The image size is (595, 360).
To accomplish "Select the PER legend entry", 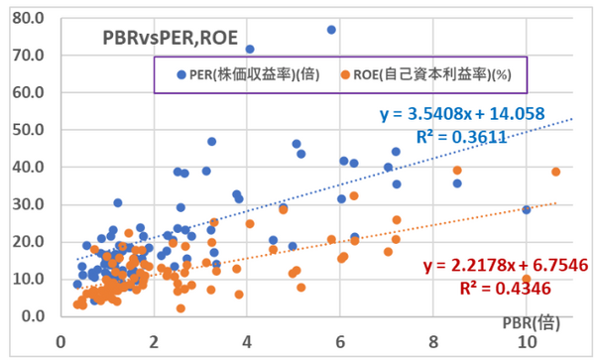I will pos(252,74).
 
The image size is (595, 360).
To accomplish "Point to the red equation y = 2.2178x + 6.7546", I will pos(494,268).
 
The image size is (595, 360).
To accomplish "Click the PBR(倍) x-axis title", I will pos(521,323).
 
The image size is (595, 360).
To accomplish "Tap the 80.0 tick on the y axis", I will pos(29,18).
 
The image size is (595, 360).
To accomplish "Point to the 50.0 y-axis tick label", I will pos(29,130).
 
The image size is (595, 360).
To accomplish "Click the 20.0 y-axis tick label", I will pos(29,242).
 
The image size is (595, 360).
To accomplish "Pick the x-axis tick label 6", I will pos(339,339).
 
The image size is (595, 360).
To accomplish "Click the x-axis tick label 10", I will pos(526,339).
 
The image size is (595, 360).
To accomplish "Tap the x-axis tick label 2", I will pos(154,339).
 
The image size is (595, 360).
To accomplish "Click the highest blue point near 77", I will pos(331,30).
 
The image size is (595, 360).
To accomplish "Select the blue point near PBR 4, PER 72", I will pos(250,49).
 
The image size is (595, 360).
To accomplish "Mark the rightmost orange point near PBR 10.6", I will pos(556,172).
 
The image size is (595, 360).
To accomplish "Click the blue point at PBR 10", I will pos(527,210).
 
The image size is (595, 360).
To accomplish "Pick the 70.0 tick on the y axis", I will pos(29,56).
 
